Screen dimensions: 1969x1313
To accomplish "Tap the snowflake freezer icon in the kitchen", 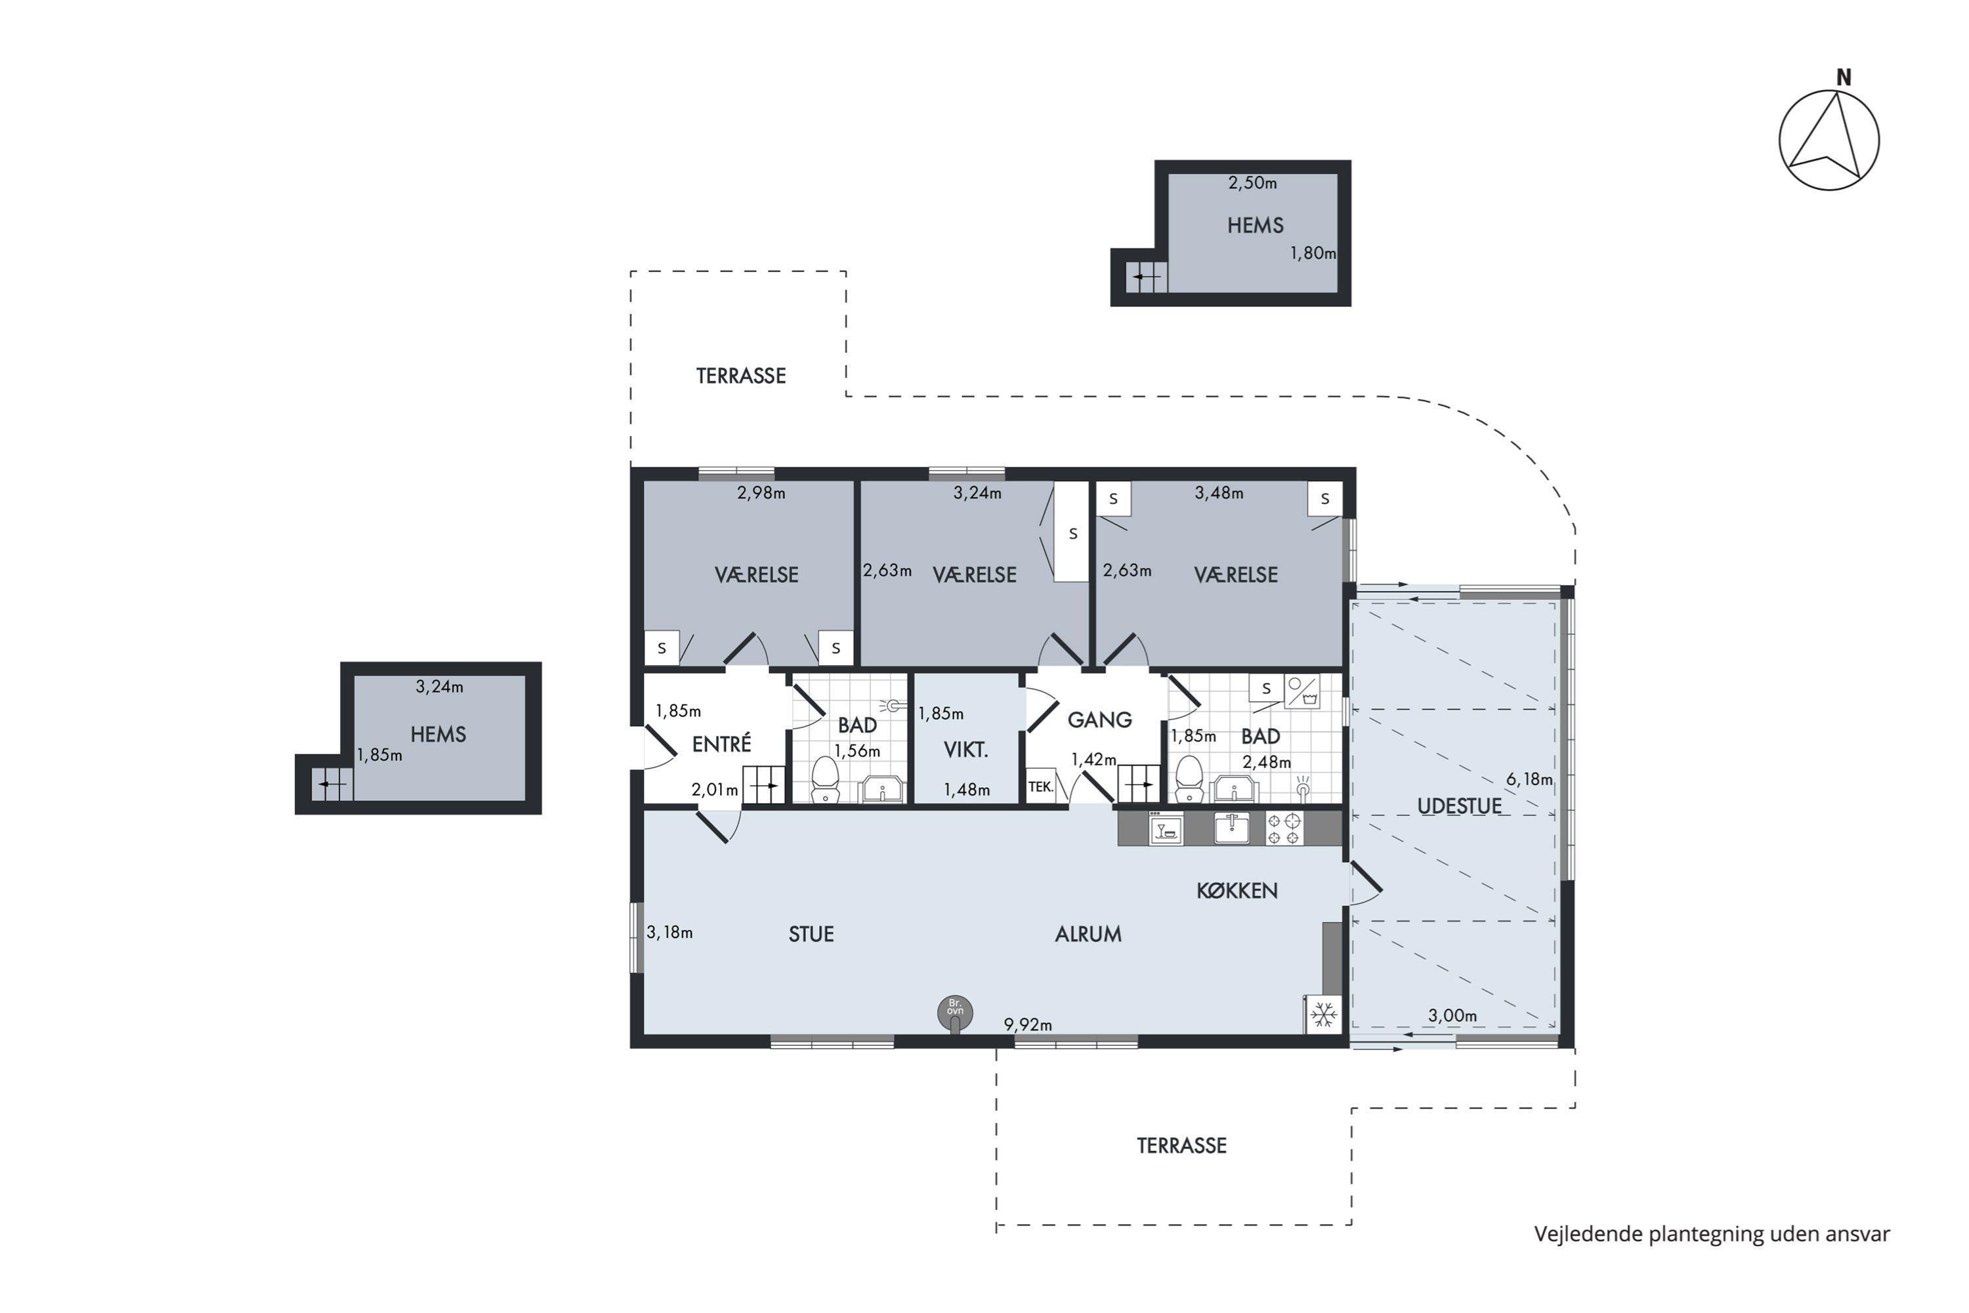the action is coord(1324,1016).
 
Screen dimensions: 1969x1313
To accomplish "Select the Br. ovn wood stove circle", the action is coord(955,1012).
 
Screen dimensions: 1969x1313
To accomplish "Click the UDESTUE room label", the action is coord(1459,806).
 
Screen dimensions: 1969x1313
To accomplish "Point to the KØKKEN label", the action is coord(1237,890).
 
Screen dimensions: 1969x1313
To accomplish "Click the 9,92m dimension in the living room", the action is coord(1028,1024).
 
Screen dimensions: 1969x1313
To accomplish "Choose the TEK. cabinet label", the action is coord(1040,786).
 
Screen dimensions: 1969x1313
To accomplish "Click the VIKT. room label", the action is coord(966,750).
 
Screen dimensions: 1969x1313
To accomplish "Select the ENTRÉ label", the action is coord(721,744).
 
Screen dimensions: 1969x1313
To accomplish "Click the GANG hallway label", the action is coord(1099,720).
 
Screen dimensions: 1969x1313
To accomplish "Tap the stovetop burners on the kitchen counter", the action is coord(1283,828).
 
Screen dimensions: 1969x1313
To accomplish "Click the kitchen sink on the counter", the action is coord(1231,828).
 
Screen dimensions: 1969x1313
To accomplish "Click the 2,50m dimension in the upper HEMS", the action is coord(1252,183).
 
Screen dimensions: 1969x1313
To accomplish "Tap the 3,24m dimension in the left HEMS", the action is coord(440,687).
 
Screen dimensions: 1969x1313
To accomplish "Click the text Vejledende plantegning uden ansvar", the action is coord(1712,1234).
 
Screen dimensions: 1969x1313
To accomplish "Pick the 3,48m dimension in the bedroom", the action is coord(1219,493).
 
